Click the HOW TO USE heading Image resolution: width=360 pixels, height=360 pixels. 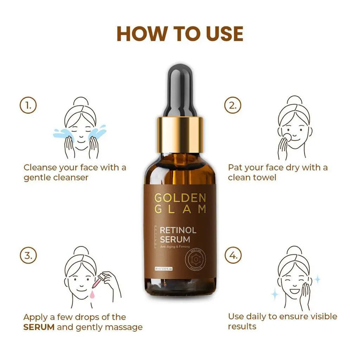coord(180,33)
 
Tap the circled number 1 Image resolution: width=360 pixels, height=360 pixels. coord(28,105)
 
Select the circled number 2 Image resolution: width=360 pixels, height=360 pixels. coord(233,105)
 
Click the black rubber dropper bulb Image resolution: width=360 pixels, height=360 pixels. coord(180,88)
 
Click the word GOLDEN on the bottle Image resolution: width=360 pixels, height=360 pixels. coord(180,198)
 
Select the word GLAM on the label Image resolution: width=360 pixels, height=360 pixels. coord(180,209)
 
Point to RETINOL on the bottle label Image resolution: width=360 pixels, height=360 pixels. coord(178,231)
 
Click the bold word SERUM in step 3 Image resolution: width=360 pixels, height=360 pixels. coord(39,327)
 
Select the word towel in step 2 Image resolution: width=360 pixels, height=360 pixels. coord(264,177)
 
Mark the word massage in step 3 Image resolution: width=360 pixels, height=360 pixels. coord(125,327)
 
